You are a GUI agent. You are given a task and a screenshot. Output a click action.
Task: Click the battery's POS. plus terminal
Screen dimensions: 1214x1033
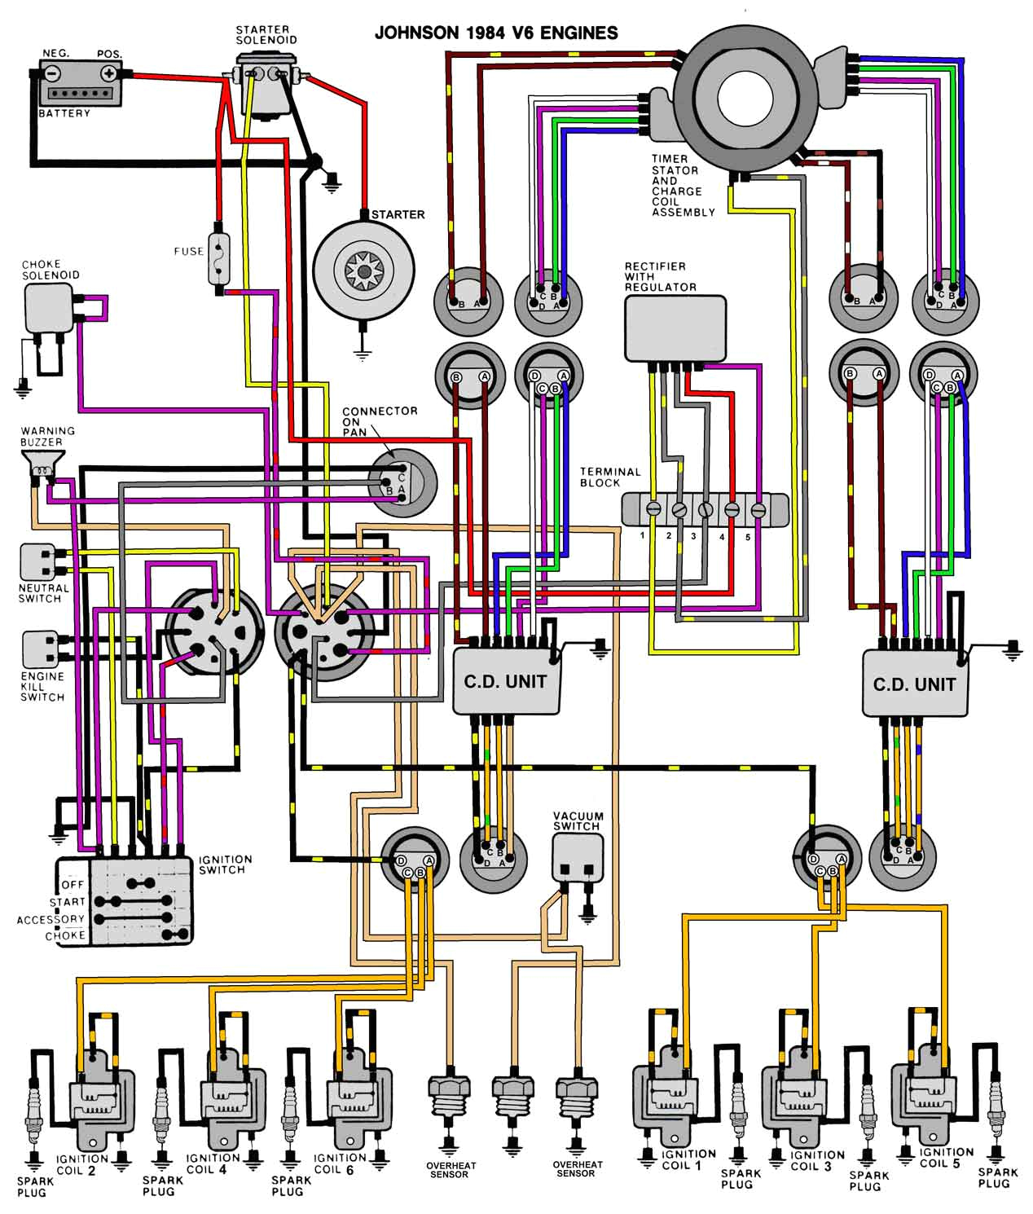coord(108,73)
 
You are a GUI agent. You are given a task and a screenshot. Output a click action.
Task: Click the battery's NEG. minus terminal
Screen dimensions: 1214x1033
coord(53,73)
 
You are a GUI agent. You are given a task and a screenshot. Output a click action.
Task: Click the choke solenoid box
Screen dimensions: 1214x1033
coord(49,308)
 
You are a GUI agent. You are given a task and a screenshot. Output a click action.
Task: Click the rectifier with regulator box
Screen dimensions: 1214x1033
coord(675,328)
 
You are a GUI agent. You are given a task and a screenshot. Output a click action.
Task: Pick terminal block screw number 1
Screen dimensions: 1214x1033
coord(652,509)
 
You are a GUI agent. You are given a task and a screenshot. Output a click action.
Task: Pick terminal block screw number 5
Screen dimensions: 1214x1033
coord(758,509)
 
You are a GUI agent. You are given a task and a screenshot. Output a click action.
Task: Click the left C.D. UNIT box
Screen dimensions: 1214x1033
coord(506,682)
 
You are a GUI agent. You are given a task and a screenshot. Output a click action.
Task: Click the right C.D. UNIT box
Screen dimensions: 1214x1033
coord(914,684)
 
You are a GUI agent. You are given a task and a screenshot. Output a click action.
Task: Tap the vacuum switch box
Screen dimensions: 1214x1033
coord(578,858)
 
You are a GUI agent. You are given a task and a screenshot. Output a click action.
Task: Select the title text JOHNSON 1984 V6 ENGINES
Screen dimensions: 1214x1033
coord(495,33)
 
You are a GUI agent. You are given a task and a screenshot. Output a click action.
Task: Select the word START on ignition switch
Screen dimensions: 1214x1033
coord(67,902)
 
